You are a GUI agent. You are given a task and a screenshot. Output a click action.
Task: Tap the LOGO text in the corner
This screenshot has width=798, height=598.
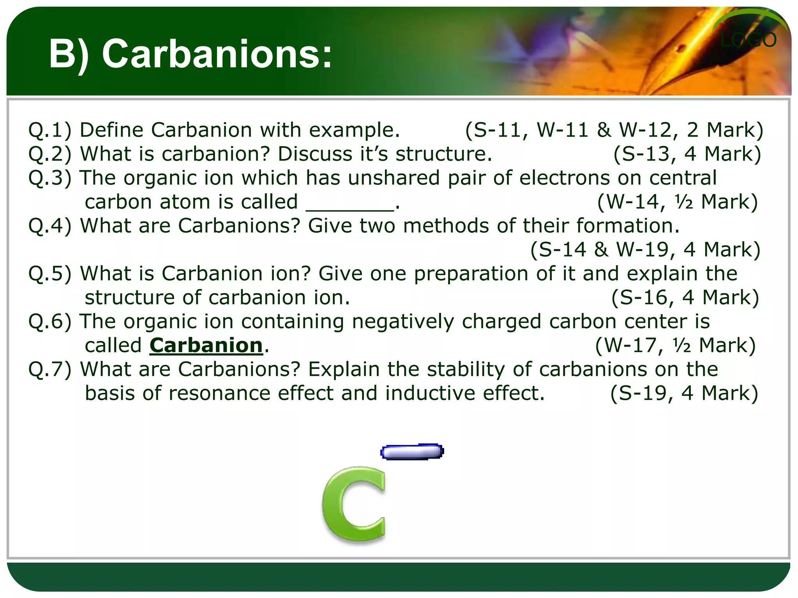point(748,40)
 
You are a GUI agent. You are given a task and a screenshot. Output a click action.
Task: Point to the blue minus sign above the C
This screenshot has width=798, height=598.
point(412,452)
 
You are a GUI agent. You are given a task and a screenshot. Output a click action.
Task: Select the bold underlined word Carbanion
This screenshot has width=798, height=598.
point(206,345)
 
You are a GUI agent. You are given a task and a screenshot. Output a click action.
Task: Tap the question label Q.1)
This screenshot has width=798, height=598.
point(50,130)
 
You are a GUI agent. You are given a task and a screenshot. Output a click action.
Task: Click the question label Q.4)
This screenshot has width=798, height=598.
point(50,226)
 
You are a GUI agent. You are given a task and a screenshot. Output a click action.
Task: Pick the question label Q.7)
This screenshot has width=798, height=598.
point(50,369)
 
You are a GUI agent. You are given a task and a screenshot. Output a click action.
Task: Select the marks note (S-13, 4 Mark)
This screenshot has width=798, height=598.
point(687,154)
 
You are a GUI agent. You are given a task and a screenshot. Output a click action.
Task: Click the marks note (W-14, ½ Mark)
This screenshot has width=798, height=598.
point(678,202)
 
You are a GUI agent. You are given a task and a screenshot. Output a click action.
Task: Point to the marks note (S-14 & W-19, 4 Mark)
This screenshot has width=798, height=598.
point(645,250)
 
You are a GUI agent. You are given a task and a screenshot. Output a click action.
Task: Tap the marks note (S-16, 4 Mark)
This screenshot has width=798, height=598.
point(685,297)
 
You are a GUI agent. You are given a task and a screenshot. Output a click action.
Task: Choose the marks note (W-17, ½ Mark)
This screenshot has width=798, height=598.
point(675,345)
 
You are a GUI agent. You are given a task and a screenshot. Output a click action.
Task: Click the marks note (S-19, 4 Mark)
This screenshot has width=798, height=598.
point(684,393)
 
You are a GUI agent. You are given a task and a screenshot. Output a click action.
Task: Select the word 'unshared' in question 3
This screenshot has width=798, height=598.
point(394,178)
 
